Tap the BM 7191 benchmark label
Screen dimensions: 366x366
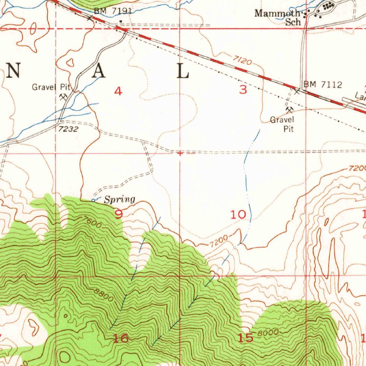point(113,11)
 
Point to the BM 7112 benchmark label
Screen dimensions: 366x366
point(323,85)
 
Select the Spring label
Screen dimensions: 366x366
point(120,199)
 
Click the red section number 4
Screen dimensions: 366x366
point(118,91)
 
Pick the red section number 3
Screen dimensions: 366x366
point(243,89)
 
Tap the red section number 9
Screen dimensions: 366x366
point(119,214)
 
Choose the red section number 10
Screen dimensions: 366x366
point(238,214)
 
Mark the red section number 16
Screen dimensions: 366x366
point(120,338)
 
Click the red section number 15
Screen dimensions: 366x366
point(246,337)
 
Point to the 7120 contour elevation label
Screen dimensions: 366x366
point(243,60)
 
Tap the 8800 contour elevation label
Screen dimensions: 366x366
point(104,295)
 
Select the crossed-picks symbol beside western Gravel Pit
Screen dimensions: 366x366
point(64,97)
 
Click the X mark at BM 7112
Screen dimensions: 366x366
point(297,91)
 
